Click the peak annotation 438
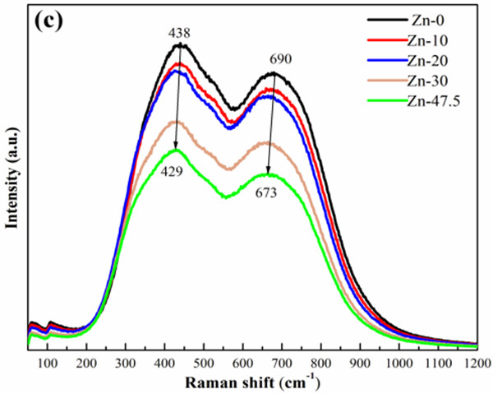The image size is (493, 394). (180, 34)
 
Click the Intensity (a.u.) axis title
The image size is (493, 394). (12, 181)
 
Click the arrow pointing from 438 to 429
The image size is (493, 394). (179, 99)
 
